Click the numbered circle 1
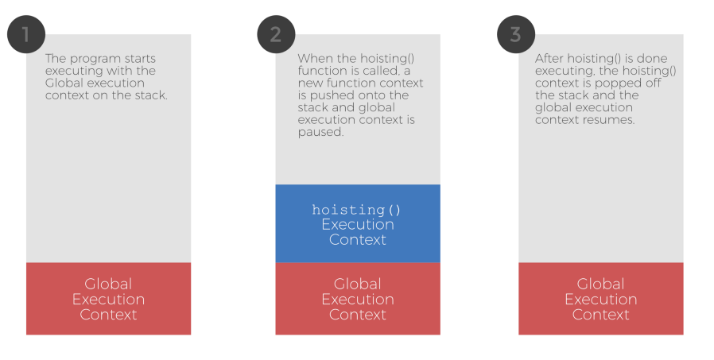click(25, 35)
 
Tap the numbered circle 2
click(276, 35)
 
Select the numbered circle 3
click(516, 35)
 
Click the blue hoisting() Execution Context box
click(357, 223)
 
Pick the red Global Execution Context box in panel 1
click(108, 298)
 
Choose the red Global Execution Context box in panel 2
click(357, 298)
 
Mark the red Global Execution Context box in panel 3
click(600, 298)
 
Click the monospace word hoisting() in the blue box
click(357, 210)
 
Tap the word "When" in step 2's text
click(313, 59)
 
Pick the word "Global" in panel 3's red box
click(600, 284)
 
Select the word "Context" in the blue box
click(357, 239)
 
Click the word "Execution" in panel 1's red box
click(108, 299)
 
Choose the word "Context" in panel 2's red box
click(357, 314)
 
